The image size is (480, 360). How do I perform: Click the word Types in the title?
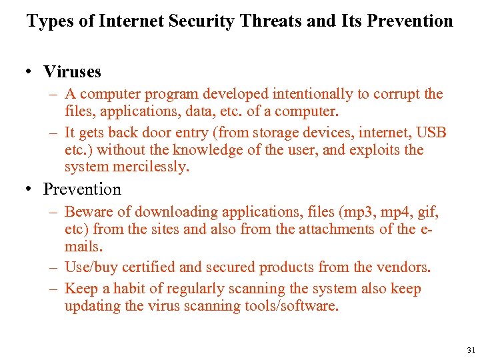(x=51, y=21)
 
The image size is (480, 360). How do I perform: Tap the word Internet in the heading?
(x=131, y=21)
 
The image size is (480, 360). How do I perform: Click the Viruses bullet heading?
(x=72, y=71)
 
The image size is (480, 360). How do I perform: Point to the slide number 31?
(x=471, y=349)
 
